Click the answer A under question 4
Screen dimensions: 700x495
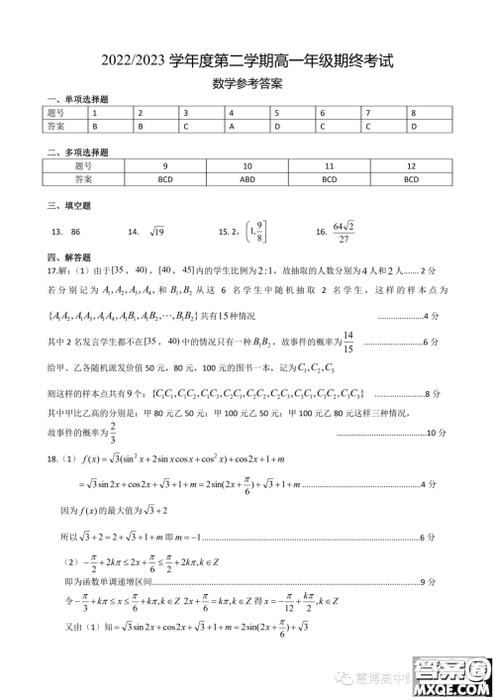[231, 127]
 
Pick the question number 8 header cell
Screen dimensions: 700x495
[414, 113]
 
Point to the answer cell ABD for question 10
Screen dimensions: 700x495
[247, 180]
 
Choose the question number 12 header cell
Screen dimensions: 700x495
[410, 166]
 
